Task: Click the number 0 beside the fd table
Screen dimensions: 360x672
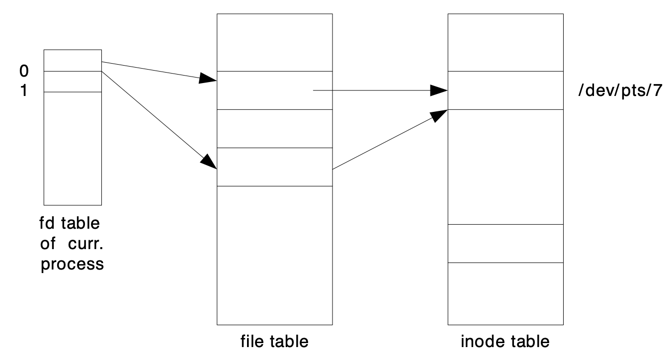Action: pos(24,72)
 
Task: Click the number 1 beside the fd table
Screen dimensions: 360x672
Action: pos(24,92)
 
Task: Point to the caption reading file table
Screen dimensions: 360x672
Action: pos(274,342)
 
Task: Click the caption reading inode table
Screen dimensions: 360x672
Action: pos(505,342)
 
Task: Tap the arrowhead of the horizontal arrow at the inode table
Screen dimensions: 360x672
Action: pos(439,90)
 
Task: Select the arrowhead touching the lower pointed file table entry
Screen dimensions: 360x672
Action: pos(210,162)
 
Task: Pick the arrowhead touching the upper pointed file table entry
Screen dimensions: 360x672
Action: pos(208,78)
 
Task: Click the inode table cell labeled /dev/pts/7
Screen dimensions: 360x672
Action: pos(505,90)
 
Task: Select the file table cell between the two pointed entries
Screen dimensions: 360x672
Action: pos(274,128)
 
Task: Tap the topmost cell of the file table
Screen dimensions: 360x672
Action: pos(274,42)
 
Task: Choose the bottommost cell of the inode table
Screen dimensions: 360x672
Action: pos(505,293)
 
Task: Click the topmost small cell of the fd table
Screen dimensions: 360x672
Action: pos(73,60)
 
